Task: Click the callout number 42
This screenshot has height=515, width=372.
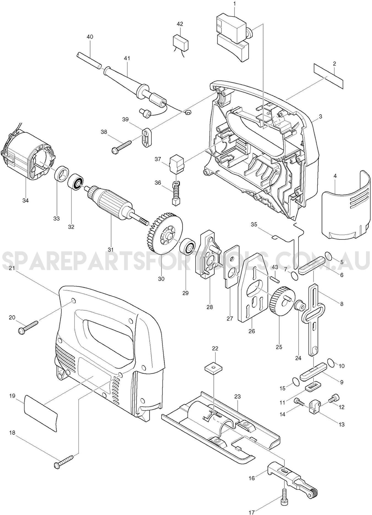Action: point(180,24)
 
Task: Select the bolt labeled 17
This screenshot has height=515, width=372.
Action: point(284,495)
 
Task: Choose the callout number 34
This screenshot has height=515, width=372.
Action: point(25,200)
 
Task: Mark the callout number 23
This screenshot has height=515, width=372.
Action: point(237,397)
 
